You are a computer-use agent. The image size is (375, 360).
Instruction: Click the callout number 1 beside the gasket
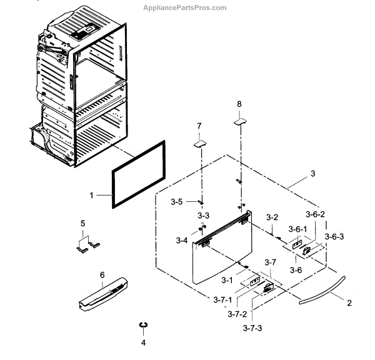pos(91,196)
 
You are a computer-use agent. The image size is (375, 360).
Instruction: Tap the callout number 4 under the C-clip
pos(143,342)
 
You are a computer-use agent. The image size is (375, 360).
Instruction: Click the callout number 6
pos(102,274)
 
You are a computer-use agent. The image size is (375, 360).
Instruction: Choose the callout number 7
pos(199,126)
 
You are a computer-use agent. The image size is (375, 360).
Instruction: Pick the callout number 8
pos(238,103)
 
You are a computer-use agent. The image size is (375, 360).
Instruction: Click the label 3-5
pos(177,201)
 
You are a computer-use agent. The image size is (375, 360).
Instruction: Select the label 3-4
pos(182,241)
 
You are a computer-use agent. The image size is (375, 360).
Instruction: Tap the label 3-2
pos(271,217)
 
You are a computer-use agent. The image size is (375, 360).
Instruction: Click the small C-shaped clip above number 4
pos(143,325)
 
